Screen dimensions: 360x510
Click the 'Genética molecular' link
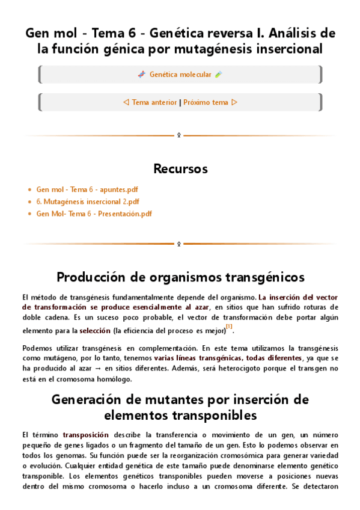[x=180, y=75]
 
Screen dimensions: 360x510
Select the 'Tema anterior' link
[x=154, y=102]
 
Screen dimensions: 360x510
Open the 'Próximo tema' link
[x=206, y=102]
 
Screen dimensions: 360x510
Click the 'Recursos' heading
[x=180, y=167]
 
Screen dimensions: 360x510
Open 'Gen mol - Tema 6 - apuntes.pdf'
[x=87, y=189]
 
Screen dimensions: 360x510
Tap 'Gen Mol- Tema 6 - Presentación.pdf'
[x=94, y=214]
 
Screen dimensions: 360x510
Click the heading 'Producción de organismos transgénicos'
[x=180, y=277]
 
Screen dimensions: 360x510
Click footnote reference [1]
[x=229, y=327]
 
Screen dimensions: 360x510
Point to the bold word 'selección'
[x=95, y=331]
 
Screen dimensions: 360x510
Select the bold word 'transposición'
[x=86, y=434]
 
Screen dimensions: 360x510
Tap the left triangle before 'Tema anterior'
[x=126, y=102]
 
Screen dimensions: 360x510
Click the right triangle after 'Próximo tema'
[x=234, y=102]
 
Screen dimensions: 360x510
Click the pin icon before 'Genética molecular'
[x=142, y=75]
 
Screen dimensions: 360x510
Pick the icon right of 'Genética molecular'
[x=219, y=75]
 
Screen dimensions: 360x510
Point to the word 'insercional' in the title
[x=288, y=49]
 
